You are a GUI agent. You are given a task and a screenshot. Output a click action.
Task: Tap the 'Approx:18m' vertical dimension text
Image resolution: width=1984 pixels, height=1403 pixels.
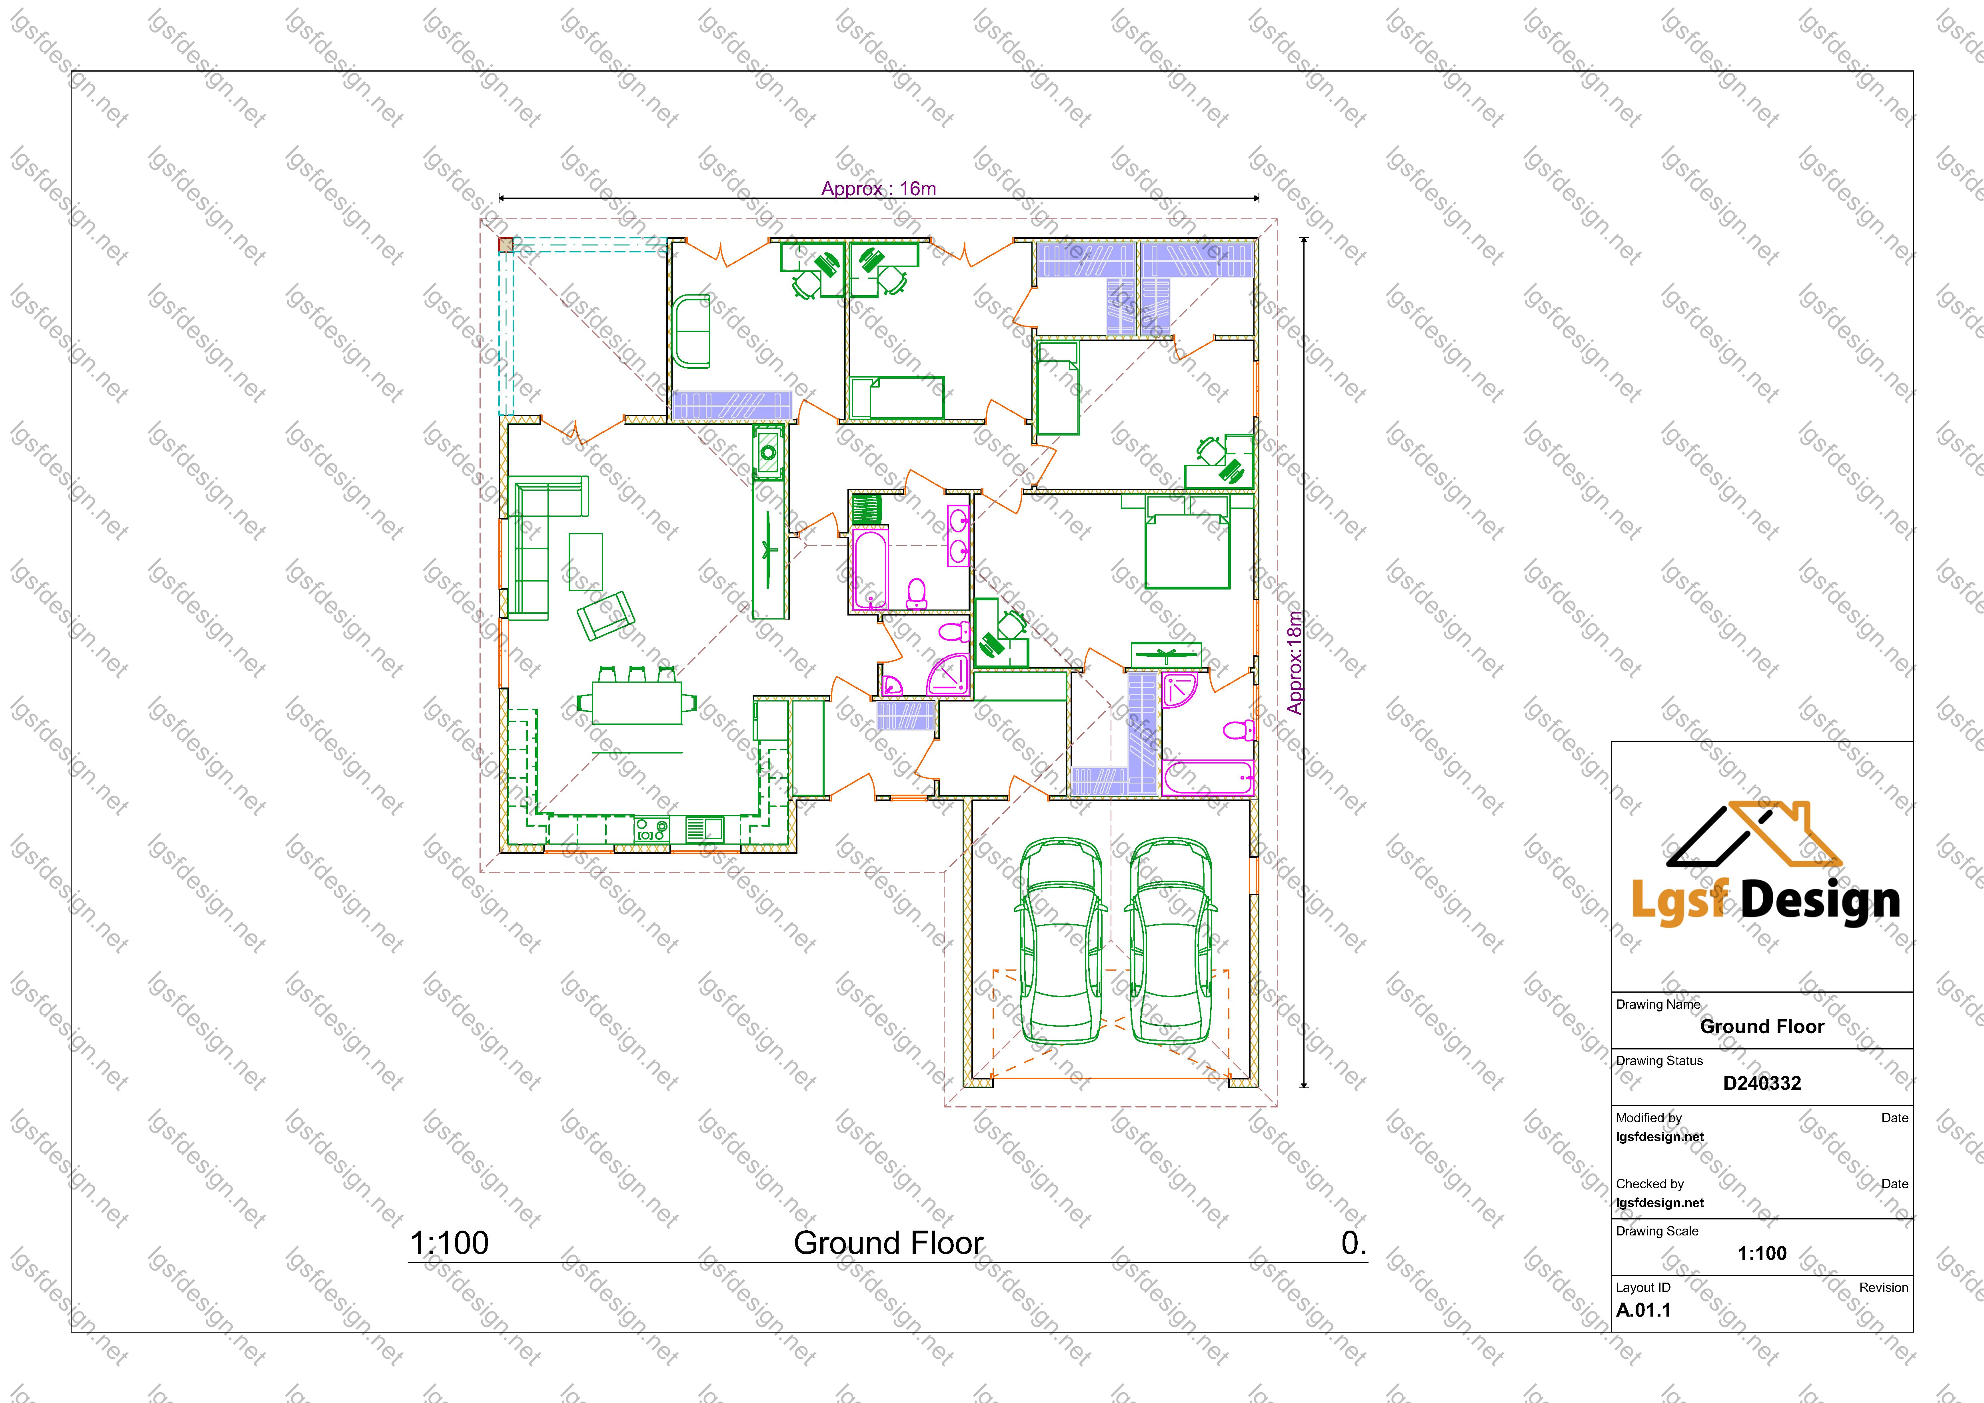(x=1294, y=663)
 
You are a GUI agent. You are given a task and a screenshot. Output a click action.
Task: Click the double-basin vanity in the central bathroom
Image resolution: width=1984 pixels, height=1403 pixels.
(x=958, y=536)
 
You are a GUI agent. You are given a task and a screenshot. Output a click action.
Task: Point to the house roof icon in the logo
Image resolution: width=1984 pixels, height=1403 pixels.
(x=1754, y=835)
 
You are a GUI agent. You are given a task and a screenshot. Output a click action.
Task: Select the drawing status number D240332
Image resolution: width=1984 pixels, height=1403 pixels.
(x=1762, y=1083)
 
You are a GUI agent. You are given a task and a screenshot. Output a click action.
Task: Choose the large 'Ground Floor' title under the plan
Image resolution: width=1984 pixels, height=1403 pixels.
(x=888, y=1243)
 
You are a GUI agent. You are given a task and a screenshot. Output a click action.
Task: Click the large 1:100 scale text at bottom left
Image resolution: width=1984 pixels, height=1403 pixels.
(x=450, y=1243)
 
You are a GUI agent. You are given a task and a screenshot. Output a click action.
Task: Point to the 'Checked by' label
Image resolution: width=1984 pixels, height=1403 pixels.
(x=1650, y=1183)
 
